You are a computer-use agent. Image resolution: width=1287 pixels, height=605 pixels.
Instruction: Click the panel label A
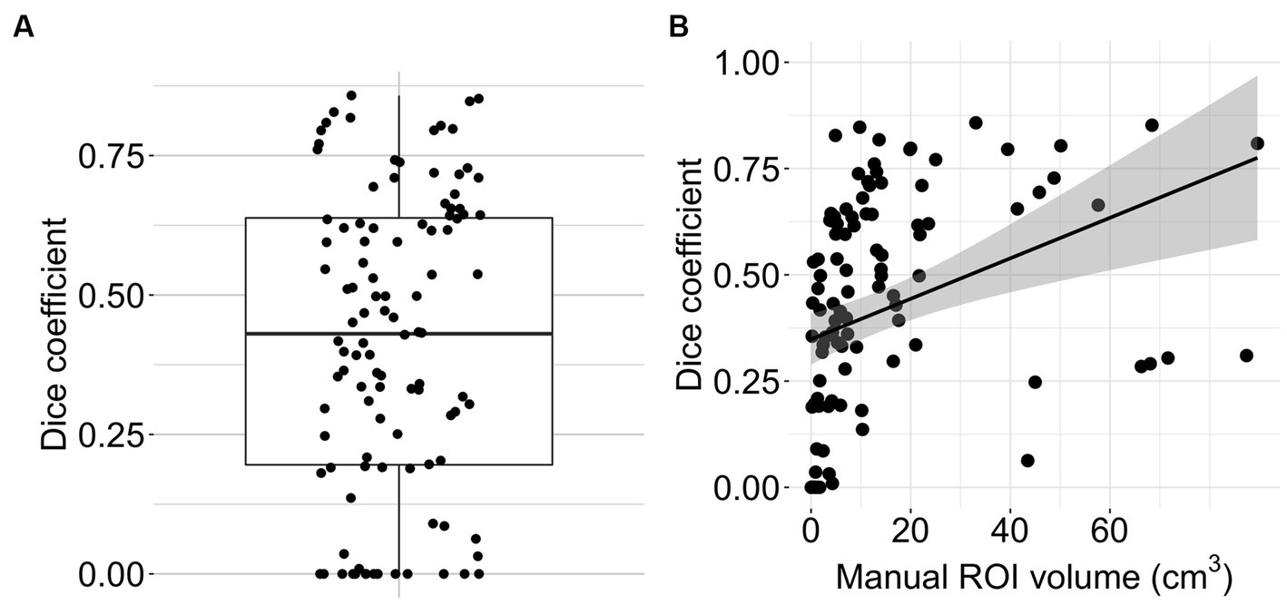pos(24,28)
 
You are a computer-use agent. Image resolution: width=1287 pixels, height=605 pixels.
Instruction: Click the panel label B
pos(678,28)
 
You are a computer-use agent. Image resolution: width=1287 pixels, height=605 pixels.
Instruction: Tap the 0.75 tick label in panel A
pos(111,156)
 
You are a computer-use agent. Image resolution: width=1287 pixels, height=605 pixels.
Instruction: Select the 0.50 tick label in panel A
pos(111,296)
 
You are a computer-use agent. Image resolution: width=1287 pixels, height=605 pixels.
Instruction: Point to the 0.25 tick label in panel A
pos(111,435)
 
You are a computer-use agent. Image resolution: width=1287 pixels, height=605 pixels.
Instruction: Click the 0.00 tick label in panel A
pos(111,574)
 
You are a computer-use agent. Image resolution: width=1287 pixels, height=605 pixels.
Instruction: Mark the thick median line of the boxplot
pos(398,334)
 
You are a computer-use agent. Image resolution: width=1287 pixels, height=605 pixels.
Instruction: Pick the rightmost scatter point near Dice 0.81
pos(1257,143)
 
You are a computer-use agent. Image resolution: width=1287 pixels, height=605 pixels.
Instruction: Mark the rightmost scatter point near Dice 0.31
pos(1246,356)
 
